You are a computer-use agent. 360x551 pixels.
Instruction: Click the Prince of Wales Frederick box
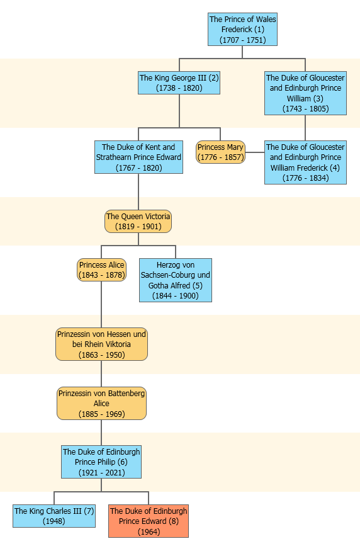pos(242,30)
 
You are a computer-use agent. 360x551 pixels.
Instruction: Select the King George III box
pos(179,83)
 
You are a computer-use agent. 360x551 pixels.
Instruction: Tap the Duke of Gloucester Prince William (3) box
pos(305,93)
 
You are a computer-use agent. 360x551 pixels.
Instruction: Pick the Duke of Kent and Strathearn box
pos(138,157)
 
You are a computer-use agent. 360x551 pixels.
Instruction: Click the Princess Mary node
pos(220,152)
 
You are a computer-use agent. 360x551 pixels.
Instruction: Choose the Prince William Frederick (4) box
pos(305,162)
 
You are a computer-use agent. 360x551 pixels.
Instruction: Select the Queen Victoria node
pos(138,222)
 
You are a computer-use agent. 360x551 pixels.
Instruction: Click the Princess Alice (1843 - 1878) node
pos(101,270)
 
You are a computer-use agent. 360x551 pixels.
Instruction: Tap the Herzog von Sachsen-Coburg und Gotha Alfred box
pos(175,280)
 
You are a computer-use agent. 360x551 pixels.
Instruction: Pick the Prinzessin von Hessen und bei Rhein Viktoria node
pos(101,344)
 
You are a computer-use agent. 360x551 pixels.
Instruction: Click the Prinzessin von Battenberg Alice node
pos(101,404)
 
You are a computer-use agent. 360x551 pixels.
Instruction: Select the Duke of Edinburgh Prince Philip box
pos(101,462)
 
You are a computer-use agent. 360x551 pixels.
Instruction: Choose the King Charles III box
pos(54,516)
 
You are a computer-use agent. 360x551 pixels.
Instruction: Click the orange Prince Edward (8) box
pos(148,521)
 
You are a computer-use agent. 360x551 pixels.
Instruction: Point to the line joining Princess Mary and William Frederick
pos(255,152)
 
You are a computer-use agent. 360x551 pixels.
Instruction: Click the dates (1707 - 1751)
pos(243,40)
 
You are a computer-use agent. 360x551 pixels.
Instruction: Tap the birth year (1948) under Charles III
pos(54,521)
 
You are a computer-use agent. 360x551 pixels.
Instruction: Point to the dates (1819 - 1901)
pos(138,227)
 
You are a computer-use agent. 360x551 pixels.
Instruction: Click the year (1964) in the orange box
pos(149,531)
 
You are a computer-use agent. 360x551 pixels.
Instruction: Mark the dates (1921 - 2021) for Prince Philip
pos(101,473)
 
